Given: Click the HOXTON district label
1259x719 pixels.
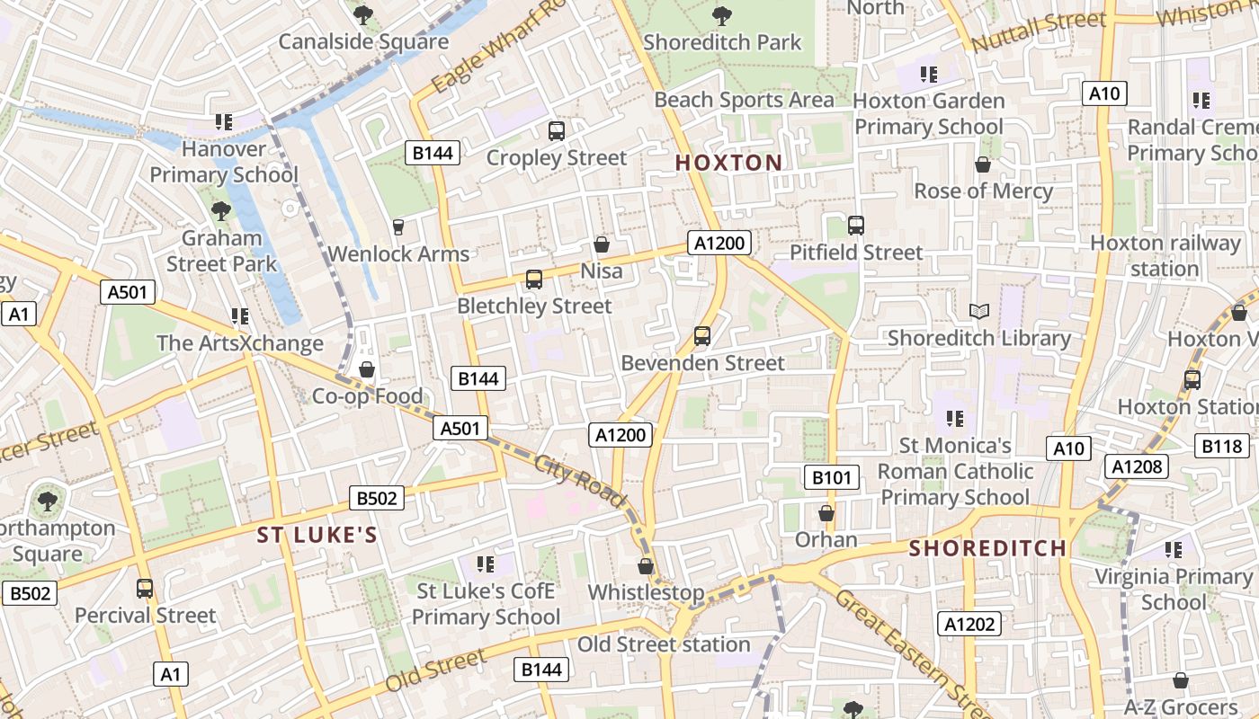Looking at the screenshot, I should click(x=728, y=163).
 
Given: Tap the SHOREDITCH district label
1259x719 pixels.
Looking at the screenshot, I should click(x=987, y=548).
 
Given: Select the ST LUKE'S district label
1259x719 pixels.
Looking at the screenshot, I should click(x=317, y=536).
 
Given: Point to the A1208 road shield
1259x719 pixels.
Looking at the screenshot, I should click(x=1137, y=466).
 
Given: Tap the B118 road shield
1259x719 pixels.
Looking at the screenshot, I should click(x=1222, y=445).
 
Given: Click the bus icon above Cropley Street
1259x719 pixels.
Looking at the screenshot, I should click(x=557, y=131).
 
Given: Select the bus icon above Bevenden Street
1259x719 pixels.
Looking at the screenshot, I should click(x=702, y=336).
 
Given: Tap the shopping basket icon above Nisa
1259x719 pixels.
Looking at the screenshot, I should click(x=602, y=244).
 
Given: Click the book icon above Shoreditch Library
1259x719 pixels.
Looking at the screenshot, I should click(x=979, y=312).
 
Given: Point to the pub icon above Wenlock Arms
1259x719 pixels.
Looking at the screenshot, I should click(x=398, y=227).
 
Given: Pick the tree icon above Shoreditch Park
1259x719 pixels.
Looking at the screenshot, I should click(x=721, y=15).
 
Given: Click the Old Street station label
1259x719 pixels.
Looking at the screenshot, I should click(x=664, y=644).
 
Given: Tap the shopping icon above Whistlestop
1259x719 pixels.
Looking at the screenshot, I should click(x=646, y=566).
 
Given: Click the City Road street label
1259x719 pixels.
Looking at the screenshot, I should click(x=579, y=482).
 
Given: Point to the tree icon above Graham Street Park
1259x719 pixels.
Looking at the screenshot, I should click(x=220, y=212).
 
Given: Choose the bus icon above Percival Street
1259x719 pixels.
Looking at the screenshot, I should click(x=145, y=589).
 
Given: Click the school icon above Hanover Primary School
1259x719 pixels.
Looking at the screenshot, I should click(x=223, y=121).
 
